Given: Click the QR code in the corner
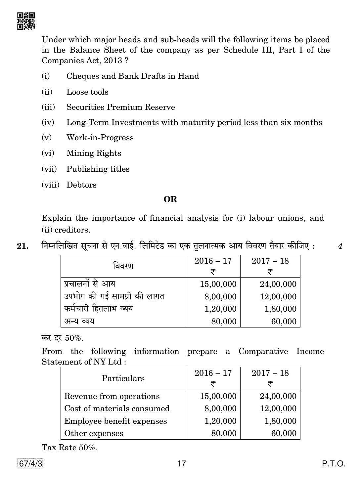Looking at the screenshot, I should pyautogui.click(x=26, y=21).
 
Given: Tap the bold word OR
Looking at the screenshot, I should pyautogui.click(x=170, y=199).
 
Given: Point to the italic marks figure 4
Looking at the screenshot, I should pyautogui.click(x=340, y=246).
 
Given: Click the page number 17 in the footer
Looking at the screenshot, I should pyautogui.click(x=181, y=463).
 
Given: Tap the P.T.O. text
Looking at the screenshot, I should pyautogui.click(x=334, y=463).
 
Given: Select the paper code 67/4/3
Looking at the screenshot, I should pyautogui.click(x=30, y=463).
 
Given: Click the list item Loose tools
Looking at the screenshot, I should pyautogui.click(x=87, y=92).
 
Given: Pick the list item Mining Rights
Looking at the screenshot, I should pyautogui.click(x=94, y=153).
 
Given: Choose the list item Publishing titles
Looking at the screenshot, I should pyautogui.click(x=98, y=169).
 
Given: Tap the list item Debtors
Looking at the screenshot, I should pyautogui.click(x=81, y=185).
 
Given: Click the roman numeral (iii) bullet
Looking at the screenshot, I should pyautogui.click(x=48, y=107).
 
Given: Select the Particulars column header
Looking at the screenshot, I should pyautogui.click(x=123, y=378).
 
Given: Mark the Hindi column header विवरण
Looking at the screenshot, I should pyautogui.click(x=123, y=266).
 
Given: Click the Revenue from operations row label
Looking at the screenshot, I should pyautogui.click(x=112, y=396).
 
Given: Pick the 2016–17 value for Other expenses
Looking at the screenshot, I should pyautogui.click(x=224, y=433).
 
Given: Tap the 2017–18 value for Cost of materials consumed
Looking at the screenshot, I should pyautogui.click(x=278, y=409).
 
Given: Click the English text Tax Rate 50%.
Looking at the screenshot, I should pyautogui.click(x=69, y=448).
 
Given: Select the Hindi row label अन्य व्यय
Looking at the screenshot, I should pyautogui.click(x=79, y=321).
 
